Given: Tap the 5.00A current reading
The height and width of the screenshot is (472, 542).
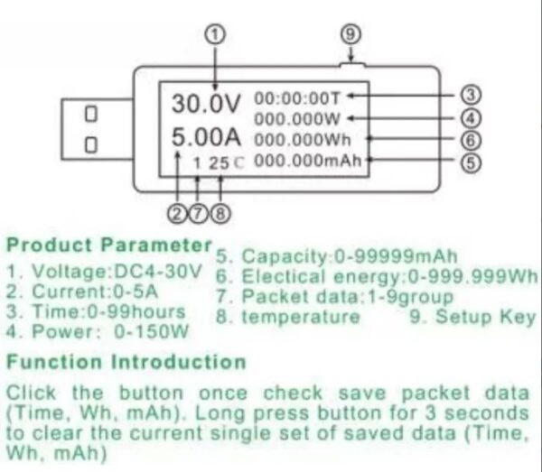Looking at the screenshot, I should pos(207,141).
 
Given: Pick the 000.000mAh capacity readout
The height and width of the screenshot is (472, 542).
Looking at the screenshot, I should pos(311,161).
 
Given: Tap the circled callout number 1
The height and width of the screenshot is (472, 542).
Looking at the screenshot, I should pos(215,34).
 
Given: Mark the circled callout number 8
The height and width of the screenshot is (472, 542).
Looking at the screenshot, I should pos(220,213).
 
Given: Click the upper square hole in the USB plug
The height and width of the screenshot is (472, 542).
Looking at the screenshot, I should pos(90,115).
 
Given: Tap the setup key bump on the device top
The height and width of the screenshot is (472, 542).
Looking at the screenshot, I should pos(351,65).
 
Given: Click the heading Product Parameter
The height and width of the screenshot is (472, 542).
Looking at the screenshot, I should pos(108,245).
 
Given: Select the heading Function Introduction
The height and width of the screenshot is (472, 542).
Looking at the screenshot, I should pos(126,362).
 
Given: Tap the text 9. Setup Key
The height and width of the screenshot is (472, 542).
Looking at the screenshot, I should pos(472,317).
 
